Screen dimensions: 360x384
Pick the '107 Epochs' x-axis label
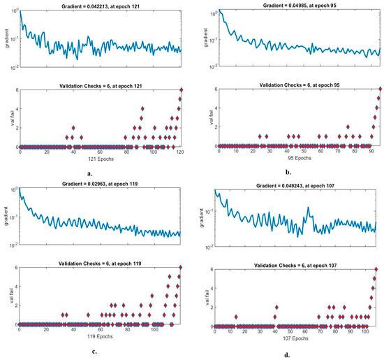pyautogui.click(x=288, y=339)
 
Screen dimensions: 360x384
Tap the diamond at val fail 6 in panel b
pyautogui.click(x=380, y=89)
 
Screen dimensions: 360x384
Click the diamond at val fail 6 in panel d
pyautogui.click(x=376, y=268)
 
